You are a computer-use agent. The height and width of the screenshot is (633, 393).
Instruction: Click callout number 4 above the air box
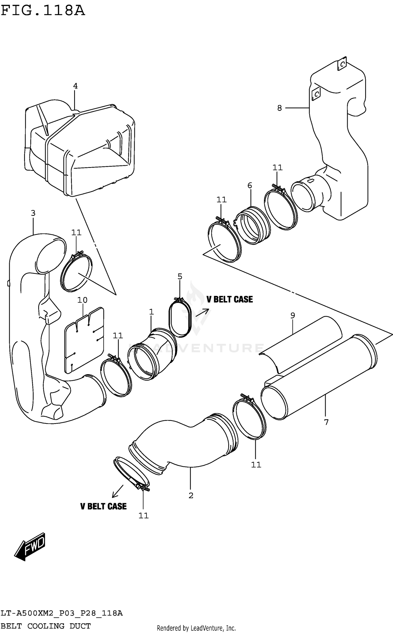tap(75, 86)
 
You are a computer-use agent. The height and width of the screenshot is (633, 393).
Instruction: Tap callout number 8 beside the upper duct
tap(280, 108)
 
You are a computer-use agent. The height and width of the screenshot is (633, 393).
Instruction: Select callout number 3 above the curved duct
tap(33, 213)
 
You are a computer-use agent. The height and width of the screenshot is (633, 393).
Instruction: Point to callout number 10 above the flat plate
tap(82, 300)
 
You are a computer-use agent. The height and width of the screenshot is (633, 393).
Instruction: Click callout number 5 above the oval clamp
tap(180, 276)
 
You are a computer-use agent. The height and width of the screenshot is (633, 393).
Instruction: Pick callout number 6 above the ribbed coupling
tap(250, 185)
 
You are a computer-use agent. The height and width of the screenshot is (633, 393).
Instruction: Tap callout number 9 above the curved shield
tap(293, 315)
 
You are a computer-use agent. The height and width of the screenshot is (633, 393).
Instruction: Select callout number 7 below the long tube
tap(326, 422)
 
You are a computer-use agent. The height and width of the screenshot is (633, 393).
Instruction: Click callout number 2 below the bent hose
tap(191, 496)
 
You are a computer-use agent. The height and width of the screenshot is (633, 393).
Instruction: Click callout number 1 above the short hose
tap(151, 312)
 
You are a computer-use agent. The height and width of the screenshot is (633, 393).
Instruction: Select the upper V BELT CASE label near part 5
tap(230, 299)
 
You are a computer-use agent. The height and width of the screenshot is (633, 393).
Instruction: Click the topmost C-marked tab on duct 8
tap(342, 63)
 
